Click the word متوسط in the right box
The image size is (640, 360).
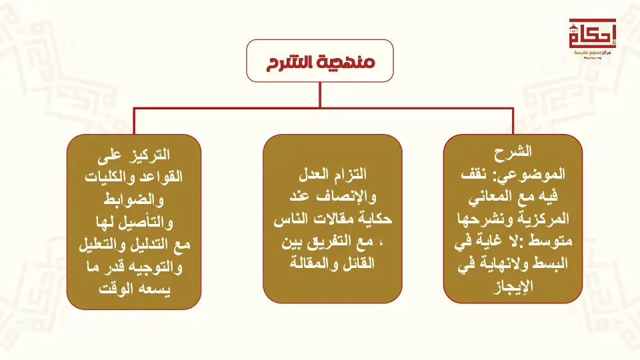[x=551, y=241]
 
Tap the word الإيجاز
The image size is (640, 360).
[x=513, y=286]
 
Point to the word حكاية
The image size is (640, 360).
[x=374, y=219]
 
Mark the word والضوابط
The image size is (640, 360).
[x=133, y=199]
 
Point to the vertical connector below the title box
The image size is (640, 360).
[x=320, y=95]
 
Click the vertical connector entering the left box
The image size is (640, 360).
[x=134, y=121]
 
